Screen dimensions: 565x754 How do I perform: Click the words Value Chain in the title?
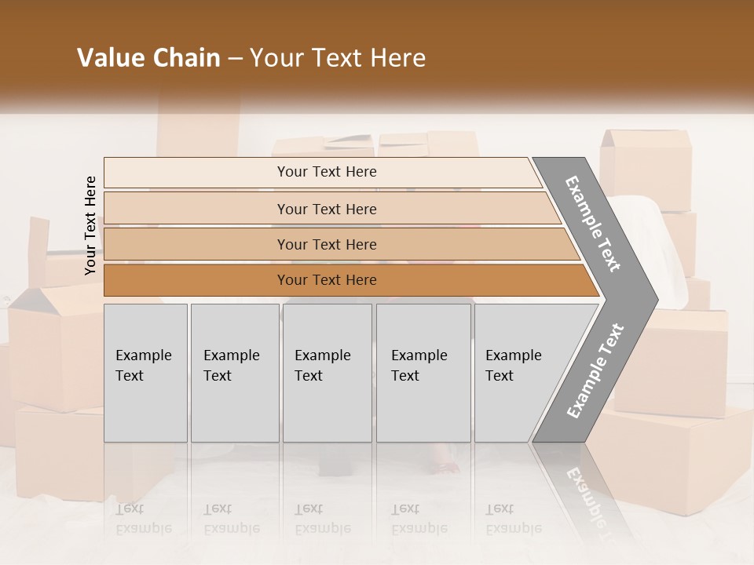(148, 58)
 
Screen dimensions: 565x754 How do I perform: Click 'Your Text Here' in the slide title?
(338, 58)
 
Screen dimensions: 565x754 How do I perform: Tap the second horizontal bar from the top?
(327, 209)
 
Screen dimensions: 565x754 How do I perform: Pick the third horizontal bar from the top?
(327, 244)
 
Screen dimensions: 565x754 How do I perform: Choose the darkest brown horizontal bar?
(327, 280)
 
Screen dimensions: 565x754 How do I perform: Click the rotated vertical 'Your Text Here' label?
(90, 225)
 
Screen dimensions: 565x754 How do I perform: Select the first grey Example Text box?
(145, 373)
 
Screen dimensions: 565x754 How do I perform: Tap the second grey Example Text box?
(234, 373)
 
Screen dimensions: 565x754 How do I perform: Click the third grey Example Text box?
(327, 373)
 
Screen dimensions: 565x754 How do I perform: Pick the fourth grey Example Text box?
(423, 373)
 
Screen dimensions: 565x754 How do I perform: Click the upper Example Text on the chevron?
(594, 224)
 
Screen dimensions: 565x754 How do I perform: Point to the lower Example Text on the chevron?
(595, 370)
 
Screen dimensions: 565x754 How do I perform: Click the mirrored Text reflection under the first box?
(130, 508)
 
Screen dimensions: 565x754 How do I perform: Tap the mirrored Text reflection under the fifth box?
(500, 508)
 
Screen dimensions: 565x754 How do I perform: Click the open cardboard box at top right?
(646, 169)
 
